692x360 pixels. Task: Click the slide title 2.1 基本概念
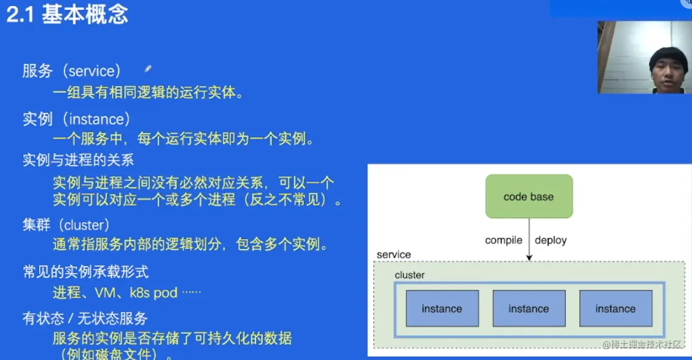[x=67, y=15]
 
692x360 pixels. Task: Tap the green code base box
[x=529, y=196]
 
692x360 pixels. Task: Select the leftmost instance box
[x=442, y=308]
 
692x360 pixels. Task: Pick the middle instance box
[x=529, y=308]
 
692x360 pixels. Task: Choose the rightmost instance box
[x=615, y=308]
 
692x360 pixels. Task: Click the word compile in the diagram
[x=503, y=240]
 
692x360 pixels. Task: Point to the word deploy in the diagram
[x=550, y=240]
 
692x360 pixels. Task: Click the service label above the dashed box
[x=393, y=255]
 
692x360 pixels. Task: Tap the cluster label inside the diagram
[x=409, y=275]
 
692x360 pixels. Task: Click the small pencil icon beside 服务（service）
[x=148, y=69]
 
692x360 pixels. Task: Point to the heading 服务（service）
[x=72, y=71]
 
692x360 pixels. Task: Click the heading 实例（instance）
[x=76, y=119]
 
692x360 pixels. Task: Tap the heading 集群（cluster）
[x=66, y=225]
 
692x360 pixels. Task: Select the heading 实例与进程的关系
[x=78, y=160]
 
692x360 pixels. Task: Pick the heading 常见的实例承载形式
[x=86, y=271]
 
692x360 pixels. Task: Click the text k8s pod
[x=153, y=293]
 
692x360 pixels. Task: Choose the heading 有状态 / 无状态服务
[x=85, y=318]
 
